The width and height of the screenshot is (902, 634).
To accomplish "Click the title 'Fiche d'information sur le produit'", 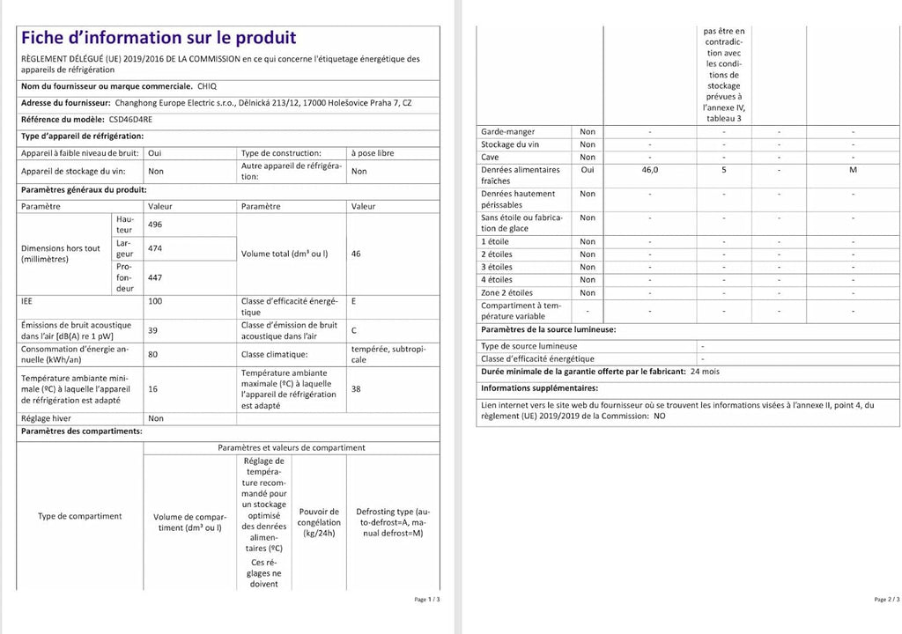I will pyautogui.click(x=159, y=38).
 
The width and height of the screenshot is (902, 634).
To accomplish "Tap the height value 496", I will pyautogui.click(x=155, y=224).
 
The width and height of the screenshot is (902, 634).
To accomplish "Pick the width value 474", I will pyautogui.click(x=155, y=248).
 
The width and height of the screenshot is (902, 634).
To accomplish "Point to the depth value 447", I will pyautogui.click(x=155, y=277).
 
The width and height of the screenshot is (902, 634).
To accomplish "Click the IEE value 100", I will pyautogui.click(x=155, y=301).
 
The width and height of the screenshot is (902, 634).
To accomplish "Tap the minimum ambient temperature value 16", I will pyautogui.click(x=153, y=388).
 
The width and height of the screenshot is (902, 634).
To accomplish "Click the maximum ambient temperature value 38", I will pyautogui.click(x=356, y=388).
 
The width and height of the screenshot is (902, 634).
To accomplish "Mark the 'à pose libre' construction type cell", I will pyautogui.click(x=373, y=153).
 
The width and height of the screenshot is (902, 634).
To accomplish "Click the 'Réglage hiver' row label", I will pyautogui.click(x=48, y=418).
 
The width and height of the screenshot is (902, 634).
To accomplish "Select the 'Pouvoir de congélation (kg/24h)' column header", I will pyautogui.click(x=319, y=522).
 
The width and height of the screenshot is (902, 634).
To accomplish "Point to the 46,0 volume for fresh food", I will pyautogui.click(x=650, y=170).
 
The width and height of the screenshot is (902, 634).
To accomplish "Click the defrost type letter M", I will pyautogui.click(x=853, y=170).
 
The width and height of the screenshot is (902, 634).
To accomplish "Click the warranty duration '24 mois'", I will pyautogui.click(x=705, y=372).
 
